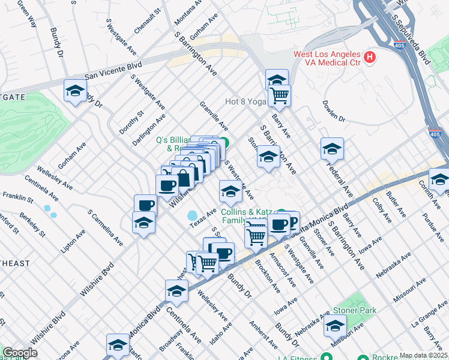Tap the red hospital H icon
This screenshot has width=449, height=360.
(x=370, y=58)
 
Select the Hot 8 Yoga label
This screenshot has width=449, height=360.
(x=245, y=101)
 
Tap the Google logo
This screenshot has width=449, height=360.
(x=20, y=353)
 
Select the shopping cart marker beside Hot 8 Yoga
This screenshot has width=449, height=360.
(x=279, y=95)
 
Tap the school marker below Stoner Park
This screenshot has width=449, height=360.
(x=335, y=326)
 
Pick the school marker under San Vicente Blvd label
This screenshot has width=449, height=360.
(x=74, y=91)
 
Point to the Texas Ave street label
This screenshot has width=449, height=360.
(x=203, y=218)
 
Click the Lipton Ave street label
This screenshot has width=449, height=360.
(x=73, y=239)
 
